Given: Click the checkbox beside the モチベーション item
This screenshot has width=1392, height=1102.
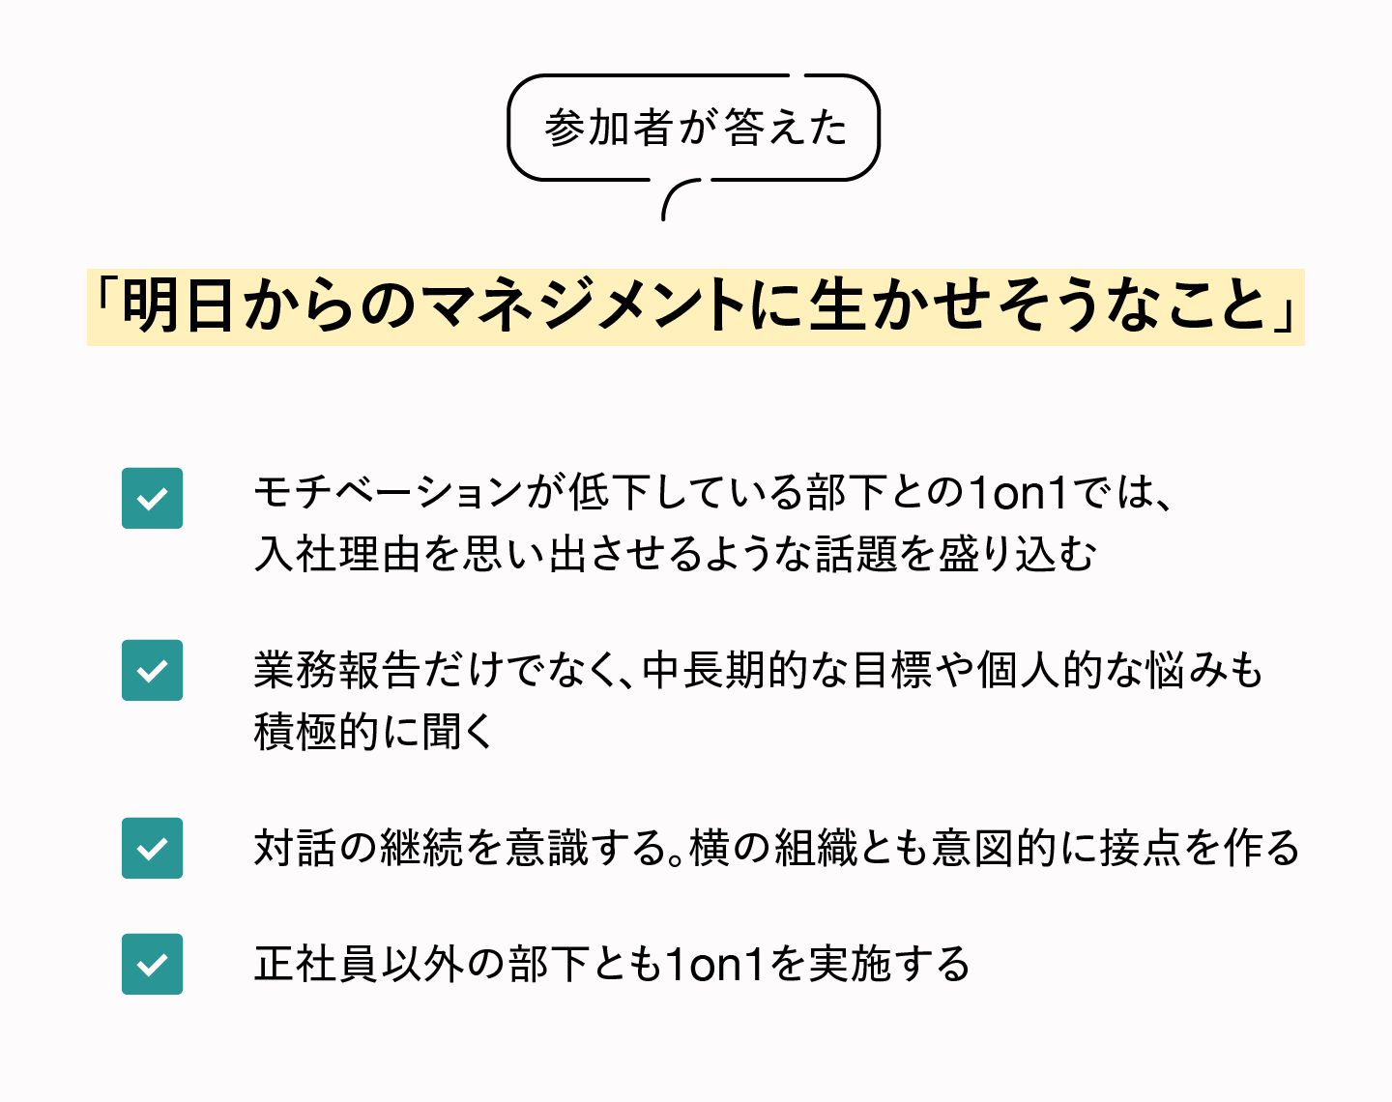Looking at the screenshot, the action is pos(152,498).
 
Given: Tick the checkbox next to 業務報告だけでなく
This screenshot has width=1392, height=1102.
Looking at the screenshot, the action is pos(152,670).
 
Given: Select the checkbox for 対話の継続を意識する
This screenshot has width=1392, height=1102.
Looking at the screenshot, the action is pos(152,848).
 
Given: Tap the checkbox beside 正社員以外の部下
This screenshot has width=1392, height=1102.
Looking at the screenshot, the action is pos(152,964).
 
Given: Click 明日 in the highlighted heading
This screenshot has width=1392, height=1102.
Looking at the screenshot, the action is pos(179,306).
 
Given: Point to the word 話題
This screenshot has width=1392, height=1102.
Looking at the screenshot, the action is pos(856,554).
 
